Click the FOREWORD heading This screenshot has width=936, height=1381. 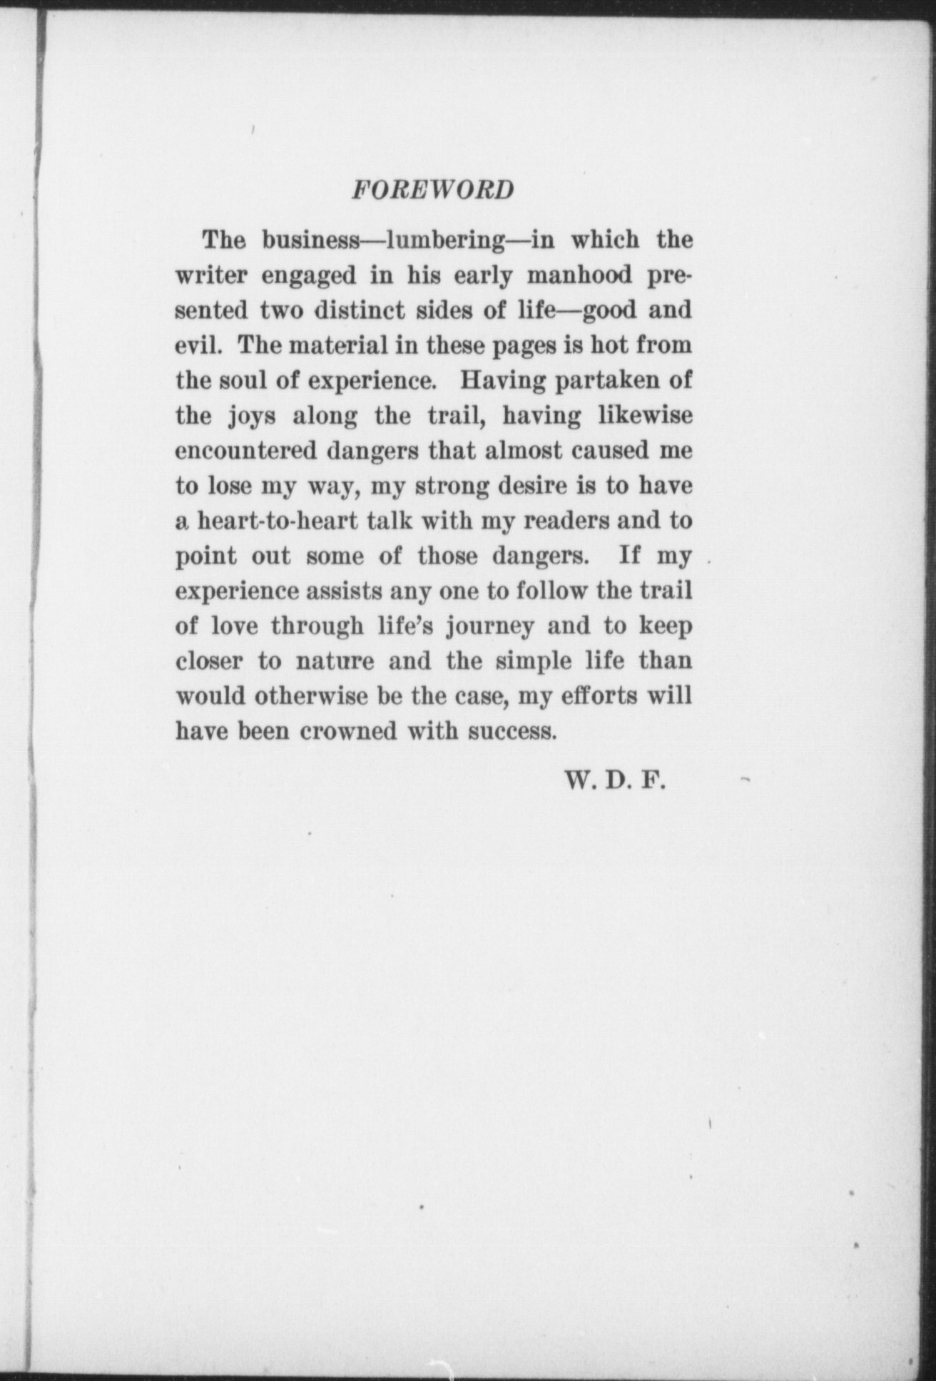pyautogui.click(x=432, y=190)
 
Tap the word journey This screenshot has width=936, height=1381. pyautogui.click(x=489, y=627)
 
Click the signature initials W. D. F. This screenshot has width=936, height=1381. pyautogui.click(x=614, y=781)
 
